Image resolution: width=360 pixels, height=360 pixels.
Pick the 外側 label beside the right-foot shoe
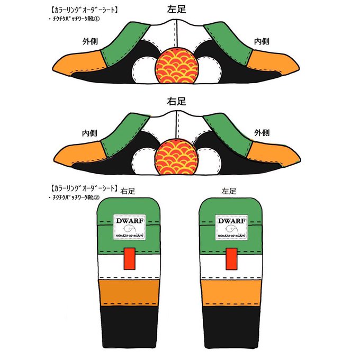coord(263,132)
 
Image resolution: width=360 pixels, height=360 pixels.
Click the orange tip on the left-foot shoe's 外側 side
coord(79,64)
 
